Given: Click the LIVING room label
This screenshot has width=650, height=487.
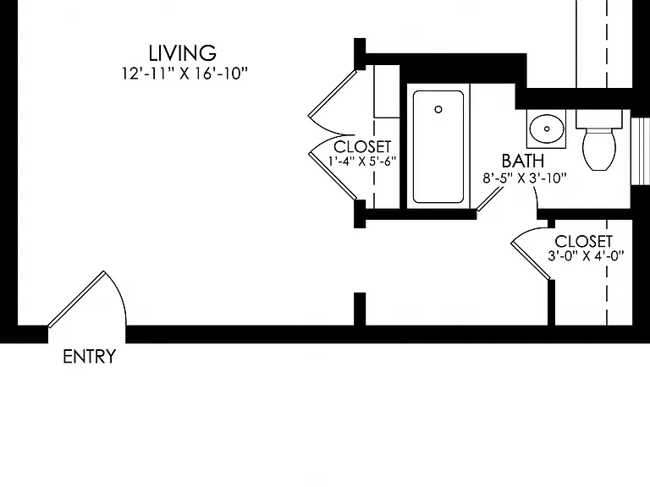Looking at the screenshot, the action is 183,53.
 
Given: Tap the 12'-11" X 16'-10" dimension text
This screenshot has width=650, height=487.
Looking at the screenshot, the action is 185,74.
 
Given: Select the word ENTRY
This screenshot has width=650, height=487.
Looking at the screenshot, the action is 89,357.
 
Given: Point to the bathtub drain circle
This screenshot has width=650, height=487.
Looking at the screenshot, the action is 438,109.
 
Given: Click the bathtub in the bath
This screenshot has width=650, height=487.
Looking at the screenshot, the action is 438,146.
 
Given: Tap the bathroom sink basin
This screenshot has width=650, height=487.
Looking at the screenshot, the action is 547,129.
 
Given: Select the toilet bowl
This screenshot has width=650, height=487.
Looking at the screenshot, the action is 599,149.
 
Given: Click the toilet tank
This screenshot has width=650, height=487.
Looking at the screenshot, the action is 599,119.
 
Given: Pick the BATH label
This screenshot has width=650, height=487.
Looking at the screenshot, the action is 523,161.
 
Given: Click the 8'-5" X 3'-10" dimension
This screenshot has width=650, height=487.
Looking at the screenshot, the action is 525,178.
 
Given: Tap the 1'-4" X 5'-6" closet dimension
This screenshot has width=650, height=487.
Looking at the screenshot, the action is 362,161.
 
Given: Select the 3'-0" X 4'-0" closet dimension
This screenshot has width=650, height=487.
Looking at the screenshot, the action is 586,256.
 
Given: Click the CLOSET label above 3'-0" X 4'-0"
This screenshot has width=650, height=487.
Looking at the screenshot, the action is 583,242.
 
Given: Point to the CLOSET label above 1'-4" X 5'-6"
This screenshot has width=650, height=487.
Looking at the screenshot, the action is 362,146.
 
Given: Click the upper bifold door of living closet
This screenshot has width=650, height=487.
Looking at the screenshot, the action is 332,94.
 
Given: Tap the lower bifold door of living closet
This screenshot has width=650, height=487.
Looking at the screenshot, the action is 333,176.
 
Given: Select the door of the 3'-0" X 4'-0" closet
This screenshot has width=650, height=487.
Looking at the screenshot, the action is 531,261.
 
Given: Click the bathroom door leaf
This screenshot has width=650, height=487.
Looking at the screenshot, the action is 490,199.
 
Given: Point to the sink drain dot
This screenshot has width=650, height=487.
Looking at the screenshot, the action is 547,129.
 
